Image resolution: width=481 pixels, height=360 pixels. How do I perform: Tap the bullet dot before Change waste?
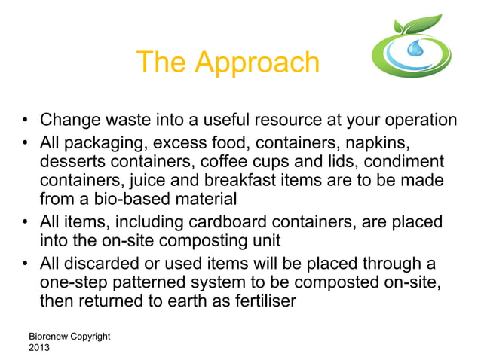25,121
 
